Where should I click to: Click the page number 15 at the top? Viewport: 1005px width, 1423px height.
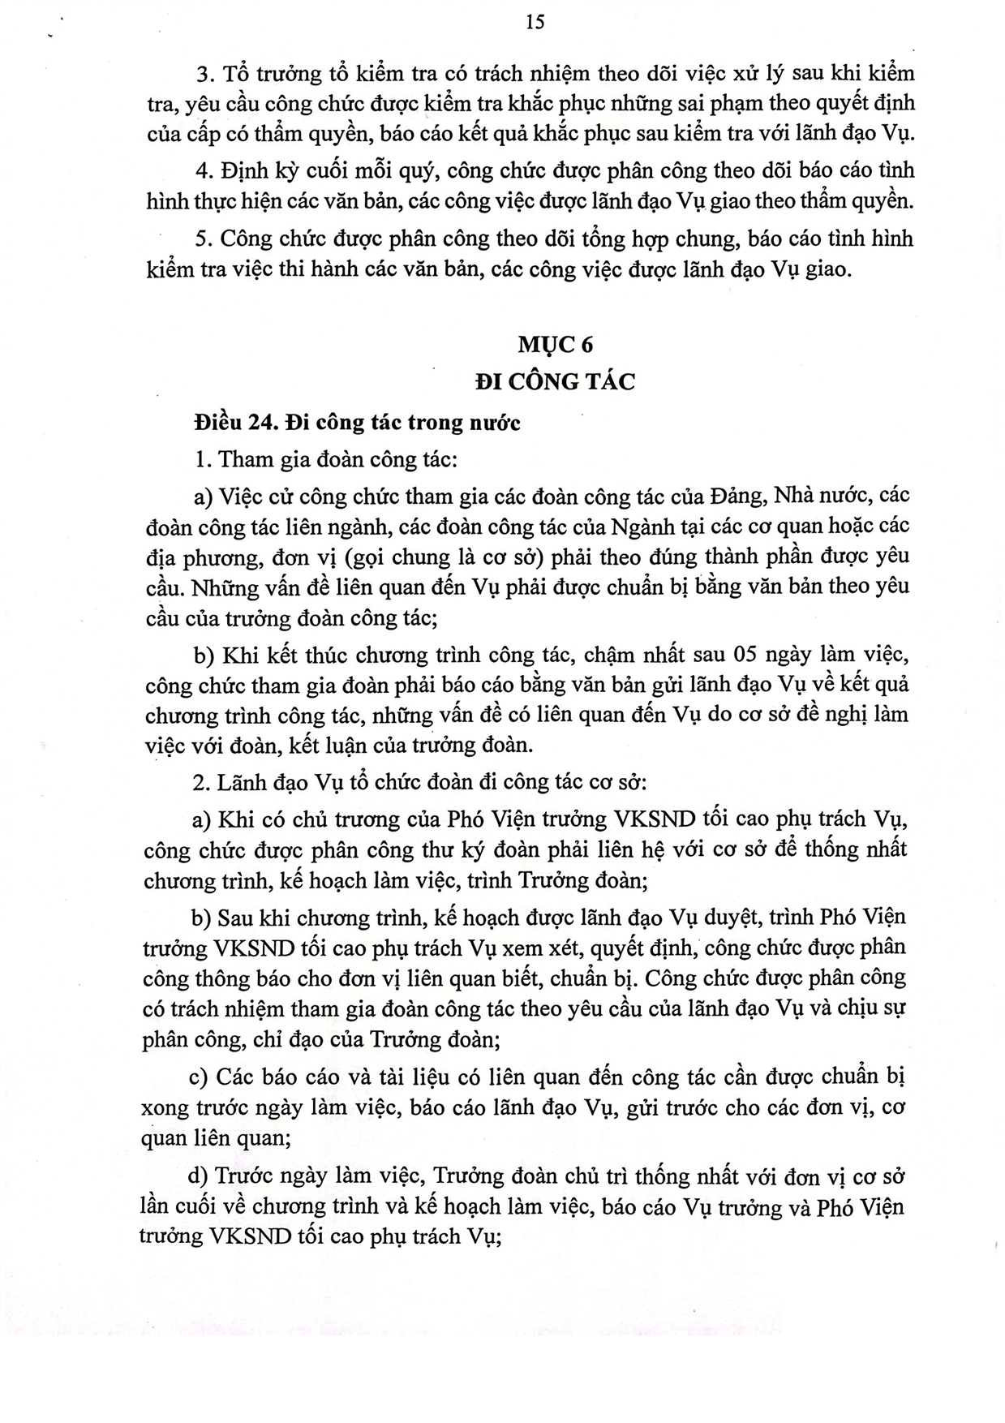[535, 22]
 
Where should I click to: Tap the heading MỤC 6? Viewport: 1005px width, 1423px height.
[556, 345]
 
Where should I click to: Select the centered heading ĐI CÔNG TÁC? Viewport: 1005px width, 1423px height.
[555, 381]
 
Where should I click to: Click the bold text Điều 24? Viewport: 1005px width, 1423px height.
[235, 423]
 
